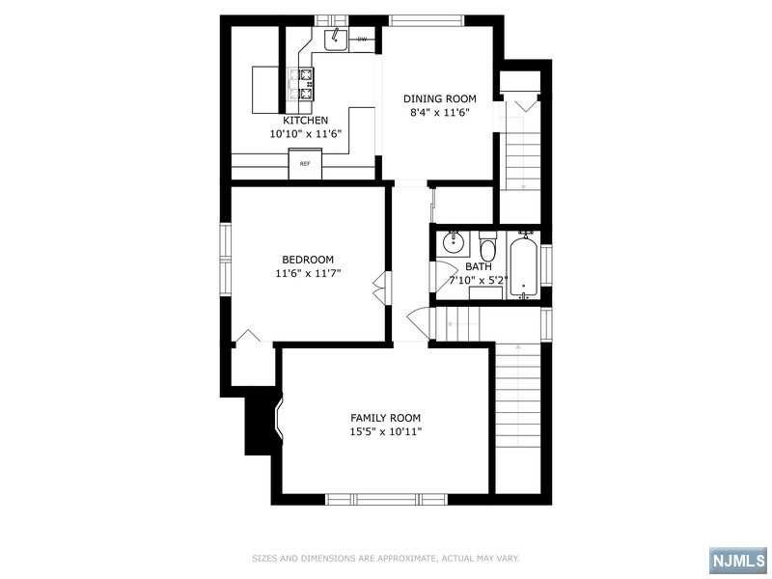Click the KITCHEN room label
click(305, 120)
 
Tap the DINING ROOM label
click(440, 98)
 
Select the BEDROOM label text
click(308, 260)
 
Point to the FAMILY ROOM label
click(385, 418)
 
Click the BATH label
click(479, 267)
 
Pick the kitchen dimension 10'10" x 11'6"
click(305, 133)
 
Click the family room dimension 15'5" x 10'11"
click(386, 431)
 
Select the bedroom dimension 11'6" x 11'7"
click(308, 273)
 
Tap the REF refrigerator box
click(305, 164)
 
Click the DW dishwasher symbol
click(363, 39)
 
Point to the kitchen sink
click(336, 40)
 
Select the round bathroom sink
click(452, 242)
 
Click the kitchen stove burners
click(306, 84)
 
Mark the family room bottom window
click(387, 499)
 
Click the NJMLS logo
click(738, 560)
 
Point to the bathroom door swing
click(443, 277)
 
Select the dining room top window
click(427, 20)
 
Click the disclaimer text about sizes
click(386, 559)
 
